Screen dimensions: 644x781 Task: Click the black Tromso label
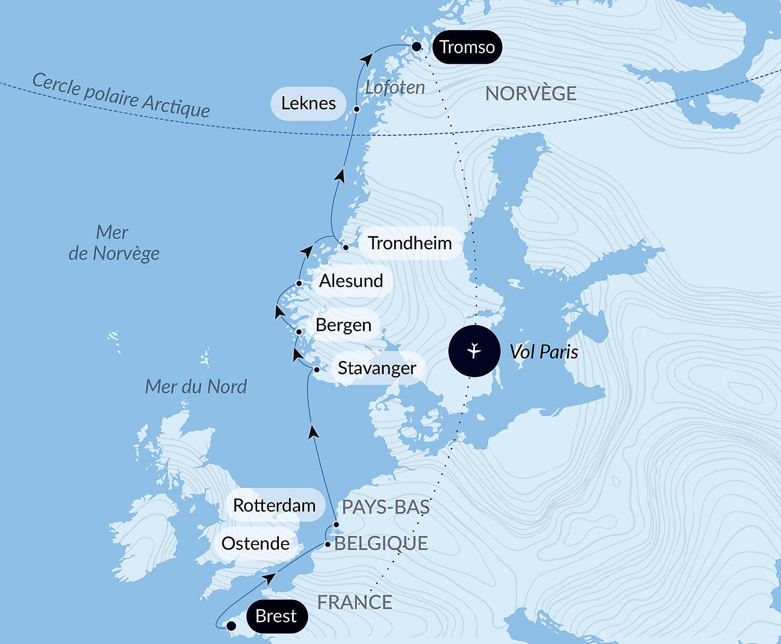click(467, 47)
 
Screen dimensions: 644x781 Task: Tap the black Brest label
click(277, 616)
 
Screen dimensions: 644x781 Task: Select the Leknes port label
click(308, 103)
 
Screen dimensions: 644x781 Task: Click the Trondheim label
click(409, 243)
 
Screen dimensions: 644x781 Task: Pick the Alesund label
click(351, 281)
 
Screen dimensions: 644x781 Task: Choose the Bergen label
click(343, 325)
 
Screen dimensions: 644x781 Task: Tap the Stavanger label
click(376, 368)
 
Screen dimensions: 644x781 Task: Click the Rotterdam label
click(274, 505)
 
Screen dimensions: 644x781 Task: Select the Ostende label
click(255, 543)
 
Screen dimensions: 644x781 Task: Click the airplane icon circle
click(474, 351)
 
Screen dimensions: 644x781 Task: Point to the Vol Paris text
click(544, 352)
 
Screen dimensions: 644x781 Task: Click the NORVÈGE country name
click(531, 94)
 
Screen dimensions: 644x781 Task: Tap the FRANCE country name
click(354, 602)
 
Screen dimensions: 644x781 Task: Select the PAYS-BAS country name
click(385, 507)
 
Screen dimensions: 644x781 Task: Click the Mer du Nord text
click(196, 387)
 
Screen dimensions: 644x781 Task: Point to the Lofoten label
click(395, 88)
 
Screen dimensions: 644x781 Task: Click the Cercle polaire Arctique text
click(121, 95)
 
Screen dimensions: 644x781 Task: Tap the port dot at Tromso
click(416, 47)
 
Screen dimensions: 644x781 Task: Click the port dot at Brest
click(231, 626)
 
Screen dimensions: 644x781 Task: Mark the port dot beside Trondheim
click(346, 247)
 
